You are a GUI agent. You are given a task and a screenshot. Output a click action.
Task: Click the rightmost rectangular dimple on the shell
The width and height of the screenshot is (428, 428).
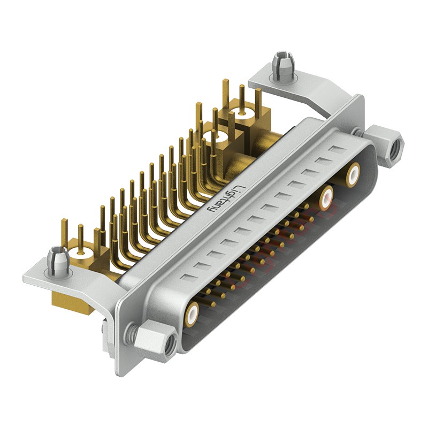pos(337,149)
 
